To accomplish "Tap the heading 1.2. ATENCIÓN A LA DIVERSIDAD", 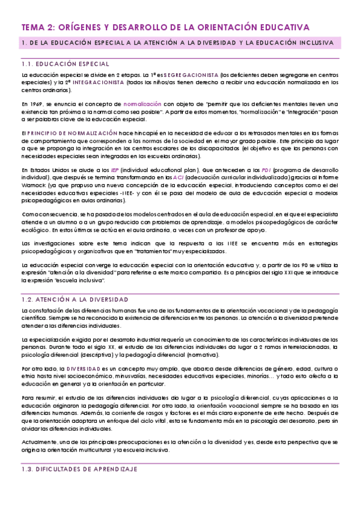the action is tap(75, 299).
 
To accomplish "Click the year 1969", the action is tap(37, 103).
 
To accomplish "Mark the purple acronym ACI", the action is tap(180, 178).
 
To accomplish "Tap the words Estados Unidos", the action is tap(43, 170).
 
